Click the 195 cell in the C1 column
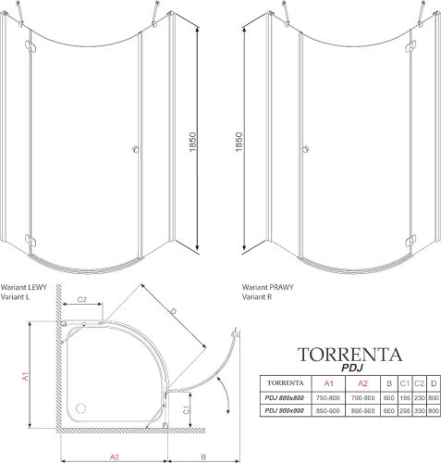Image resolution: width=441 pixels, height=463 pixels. (404, 398)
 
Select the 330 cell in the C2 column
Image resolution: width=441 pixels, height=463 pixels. (420, 411)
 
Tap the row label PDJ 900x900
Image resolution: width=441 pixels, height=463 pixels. (285, 411)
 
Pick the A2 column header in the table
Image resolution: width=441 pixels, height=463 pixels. (362, 383)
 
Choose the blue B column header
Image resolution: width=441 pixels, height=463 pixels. (389, 383)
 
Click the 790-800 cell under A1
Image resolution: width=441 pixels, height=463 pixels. (328, 398)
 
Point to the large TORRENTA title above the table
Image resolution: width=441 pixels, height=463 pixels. (350, 355)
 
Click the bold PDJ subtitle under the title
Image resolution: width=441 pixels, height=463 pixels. (352, 368)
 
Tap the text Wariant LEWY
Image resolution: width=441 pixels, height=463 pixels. (24, 287)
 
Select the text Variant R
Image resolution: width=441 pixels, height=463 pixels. (257, 297)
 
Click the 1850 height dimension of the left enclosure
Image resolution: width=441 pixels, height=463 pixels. (192, 142)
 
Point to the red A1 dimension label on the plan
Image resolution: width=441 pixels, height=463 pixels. (25, 376)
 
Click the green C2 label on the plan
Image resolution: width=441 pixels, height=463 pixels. (82, 299)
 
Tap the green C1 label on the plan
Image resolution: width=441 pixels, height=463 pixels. (186, 410)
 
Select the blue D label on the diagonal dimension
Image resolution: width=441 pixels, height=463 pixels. (174, 312)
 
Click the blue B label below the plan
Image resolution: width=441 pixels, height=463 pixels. (203, 457)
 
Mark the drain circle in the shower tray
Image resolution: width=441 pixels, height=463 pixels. (80, 408)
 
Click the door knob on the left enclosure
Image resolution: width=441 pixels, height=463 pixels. (136, 149)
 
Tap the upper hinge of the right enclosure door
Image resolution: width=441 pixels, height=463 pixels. (410, 46)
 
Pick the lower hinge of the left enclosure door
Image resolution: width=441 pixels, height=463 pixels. (31, 241)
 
